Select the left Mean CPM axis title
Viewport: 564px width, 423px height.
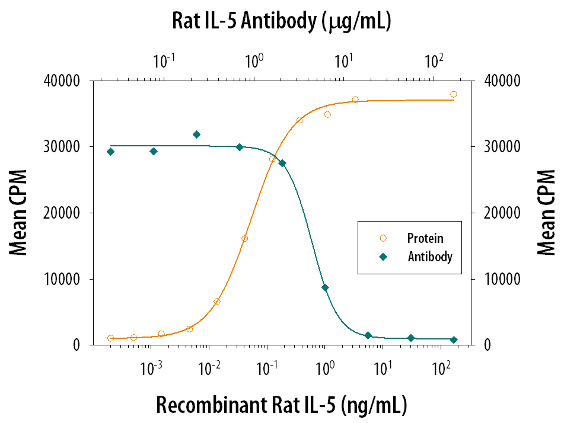pyautogui.click(x=19, y=213)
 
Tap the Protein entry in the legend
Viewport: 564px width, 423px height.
pyautogui.click(x=424, y=238)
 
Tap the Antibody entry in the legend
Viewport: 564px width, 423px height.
pyautogui.click(x=429, y=257)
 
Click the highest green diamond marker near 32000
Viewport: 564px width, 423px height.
pyautogui.click(x=197, y=134)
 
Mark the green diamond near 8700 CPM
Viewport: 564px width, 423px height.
pyautogui.click(x=325, y=287)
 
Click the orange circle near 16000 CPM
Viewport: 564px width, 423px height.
pyautogui.click(x=244, y=238)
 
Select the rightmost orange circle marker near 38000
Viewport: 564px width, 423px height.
pyautogui.click(x=454, y=94)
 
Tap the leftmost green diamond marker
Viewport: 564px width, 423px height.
pyautogui.click(x=110, y=152)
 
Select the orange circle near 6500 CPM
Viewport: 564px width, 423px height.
pyautogui.click(x=217, y=302)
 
